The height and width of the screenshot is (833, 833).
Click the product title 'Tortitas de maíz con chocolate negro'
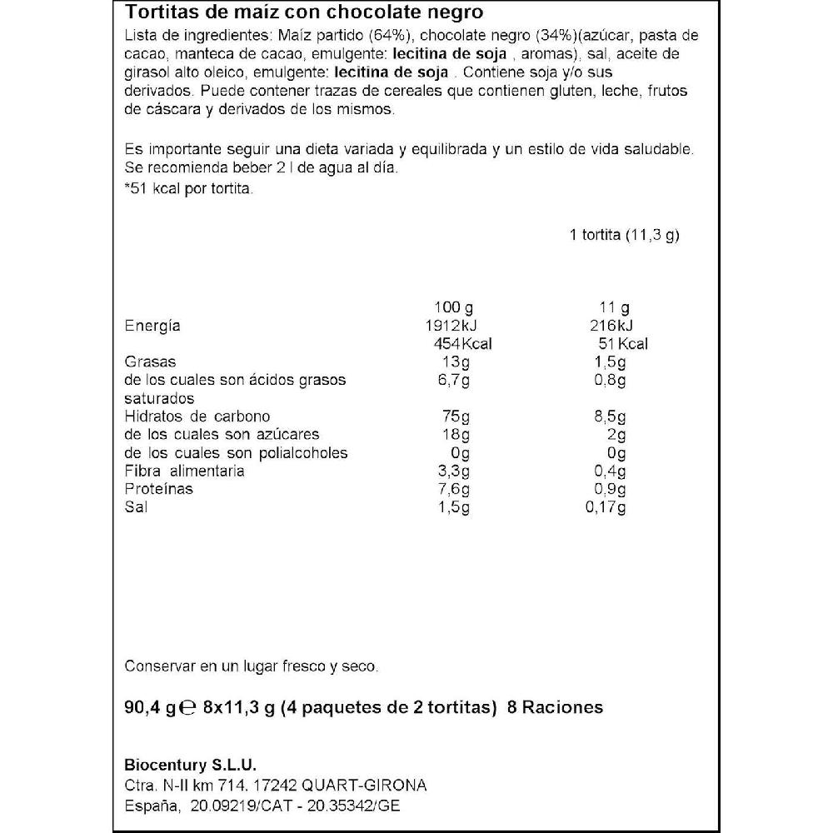click(303, 14)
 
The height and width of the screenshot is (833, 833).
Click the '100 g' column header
click(453, 307)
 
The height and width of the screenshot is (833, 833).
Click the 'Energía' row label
click(152, 326)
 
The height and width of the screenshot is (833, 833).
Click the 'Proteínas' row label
click(158, 489)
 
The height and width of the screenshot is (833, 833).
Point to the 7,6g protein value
click(454, 489)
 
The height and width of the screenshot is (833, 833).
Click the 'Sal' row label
click(136, 507)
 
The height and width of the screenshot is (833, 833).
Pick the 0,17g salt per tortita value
click(606, 507)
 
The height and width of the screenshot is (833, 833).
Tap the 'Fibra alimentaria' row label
click(184, 471)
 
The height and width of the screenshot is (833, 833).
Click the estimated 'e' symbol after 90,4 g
click(187, 709)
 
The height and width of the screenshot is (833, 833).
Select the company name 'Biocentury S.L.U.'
click(190, 766)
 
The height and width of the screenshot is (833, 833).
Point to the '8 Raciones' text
click(554, 708)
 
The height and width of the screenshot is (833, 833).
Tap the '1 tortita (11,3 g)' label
click(624, 235)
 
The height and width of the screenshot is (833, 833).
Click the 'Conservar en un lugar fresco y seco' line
click(251, 666)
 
